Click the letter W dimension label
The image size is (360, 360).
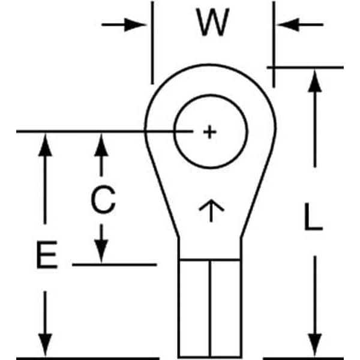212,22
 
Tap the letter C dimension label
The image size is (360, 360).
103,200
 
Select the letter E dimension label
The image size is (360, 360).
47,254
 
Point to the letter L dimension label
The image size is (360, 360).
313,217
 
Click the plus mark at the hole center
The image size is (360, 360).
209,132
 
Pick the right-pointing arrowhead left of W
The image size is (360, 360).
135,25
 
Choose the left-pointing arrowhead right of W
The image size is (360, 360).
288,25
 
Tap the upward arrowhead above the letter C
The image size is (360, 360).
101,145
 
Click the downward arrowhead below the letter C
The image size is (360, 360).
101,251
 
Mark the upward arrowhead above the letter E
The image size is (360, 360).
45,145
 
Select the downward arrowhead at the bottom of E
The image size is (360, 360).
45,345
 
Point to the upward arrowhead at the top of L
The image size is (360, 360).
314,81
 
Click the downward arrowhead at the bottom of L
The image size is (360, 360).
315,345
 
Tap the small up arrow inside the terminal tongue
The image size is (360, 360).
211,211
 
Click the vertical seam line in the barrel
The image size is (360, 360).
210,308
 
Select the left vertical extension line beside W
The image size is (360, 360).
152,43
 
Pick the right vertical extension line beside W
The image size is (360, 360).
274,44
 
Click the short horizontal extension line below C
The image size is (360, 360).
115,265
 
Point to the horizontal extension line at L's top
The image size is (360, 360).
305,67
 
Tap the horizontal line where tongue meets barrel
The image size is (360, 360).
210,260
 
